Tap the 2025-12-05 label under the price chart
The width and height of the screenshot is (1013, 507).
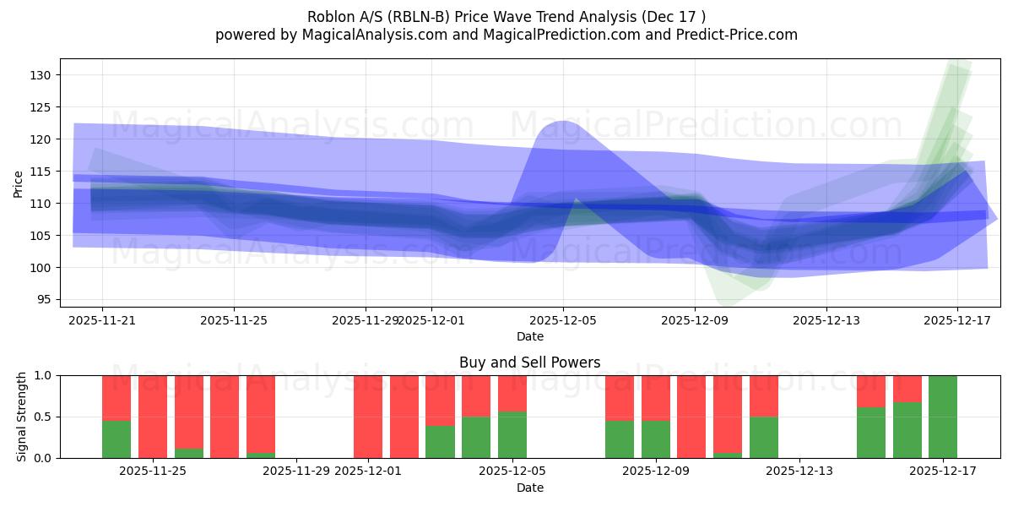click(x=563, y=320)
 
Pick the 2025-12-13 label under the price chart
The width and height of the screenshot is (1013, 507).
click(x=826, y=320)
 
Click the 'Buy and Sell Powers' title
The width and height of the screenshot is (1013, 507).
click(x=529, y=363)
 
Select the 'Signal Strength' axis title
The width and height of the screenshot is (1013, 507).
click(x=22, y=417)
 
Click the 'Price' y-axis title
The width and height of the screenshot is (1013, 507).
click(x=19, y=183)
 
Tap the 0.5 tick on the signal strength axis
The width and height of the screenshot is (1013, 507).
click(x=45, y=417)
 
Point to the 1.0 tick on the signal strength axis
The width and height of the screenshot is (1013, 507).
click(x=45, y=375)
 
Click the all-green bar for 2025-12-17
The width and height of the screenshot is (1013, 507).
click(x=943, y=417)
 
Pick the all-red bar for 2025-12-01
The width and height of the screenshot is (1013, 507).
click(x=368, y=417)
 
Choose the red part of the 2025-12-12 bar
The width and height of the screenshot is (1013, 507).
click(x=764, y=395)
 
